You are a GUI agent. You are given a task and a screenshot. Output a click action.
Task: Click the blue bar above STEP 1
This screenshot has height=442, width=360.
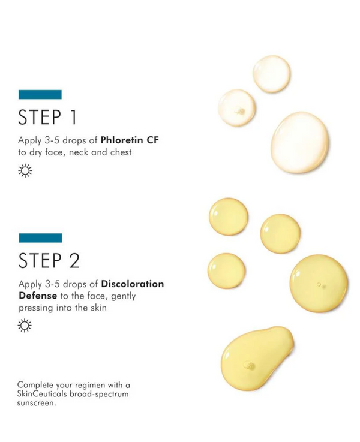point(40,94)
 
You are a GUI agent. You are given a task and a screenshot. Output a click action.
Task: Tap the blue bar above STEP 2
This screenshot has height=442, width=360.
point(40,238)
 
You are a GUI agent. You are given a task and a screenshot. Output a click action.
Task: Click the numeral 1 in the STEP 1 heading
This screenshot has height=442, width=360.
point(74,117)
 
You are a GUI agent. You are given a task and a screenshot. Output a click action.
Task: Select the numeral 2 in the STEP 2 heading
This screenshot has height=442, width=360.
point(74,260)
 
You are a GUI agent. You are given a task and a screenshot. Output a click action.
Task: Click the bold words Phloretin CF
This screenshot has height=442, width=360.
point(130,140)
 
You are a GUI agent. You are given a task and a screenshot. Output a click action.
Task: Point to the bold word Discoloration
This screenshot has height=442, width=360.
point(133,284)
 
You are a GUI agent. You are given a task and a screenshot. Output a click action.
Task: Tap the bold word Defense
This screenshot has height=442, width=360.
point(38,296)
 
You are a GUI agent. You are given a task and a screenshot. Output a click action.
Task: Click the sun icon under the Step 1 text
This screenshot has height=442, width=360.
point(25,170)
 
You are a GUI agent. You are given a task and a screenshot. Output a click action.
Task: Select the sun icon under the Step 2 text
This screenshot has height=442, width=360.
point(25,326)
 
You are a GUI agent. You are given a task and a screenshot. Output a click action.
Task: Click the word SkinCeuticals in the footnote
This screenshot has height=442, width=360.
point(42,394)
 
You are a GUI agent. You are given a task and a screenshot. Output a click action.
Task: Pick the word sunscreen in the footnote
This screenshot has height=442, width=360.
point(35,403)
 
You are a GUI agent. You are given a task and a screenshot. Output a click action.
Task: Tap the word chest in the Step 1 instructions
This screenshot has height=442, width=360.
point(121,152)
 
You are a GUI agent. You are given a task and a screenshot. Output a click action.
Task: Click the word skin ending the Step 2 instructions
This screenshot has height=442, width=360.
point(98,307)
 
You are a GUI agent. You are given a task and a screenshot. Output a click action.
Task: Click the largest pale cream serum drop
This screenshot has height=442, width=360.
point(299,142)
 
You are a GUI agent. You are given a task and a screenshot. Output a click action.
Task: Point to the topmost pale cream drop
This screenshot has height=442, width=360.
point(271,74)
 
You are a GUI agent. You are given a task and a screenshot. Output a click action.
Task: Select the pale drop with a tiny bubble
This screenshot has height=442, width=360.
point(237,107)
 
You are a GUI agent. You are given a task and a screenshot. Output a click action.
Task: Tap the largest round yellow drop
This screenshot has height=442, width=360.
point(319,283)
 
